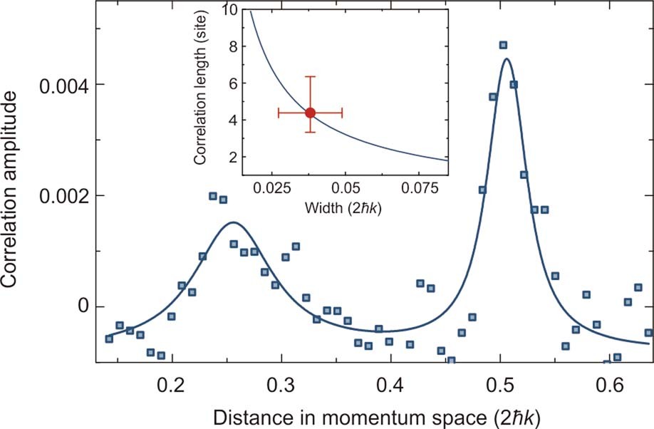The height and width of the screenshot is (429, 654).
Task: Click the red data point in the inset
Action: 310,113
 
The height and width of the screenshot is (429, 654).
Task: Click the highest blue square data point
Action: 503,46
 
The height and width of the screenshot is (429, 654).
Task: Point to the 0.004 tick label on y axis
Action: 62,85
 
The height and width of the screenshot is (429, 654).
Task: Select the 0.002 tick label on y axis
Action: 62,196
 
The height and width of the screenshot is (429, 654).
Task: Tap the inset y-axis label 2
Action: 232,157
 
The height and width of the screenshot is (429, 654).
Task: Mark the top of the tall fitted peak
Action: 506,58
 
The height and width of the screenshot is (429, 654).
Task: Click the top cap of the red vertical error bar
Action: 310,76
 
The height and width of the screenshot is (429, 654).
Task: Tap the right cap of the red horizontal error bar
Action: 343,113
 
